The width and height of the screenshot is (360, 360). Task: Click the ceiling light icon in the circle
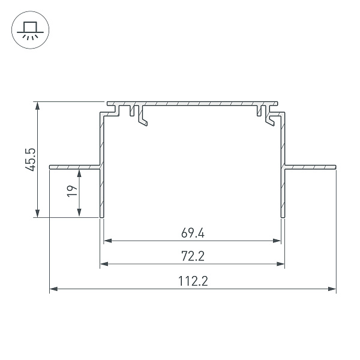click(x=28, y=30)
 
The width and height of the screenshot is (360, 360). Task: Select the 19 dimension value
click(x=71, y=191)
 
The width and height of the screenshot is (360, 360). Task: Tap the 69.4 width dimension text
click(x=193, y=232)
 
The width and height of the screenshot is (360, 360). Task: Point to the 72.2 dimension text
click(x=193, y=256)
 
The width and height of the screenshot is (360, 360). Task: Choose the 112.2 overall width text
click(x=193, y=281)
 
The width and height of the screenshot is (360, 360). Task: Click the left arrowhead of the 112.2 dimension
click(x=53, y=289)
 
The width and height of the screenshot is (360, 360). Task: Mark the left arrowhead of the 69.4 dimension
click(x=107, y=241)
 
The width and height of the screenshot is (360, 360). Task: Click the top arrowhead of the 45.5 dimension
click(x=38, y=105)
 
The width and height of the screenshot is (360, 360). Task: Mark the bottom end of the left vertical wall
click(x=102, y=215)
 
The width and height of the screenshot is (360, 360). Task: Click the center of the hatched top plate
click(x=193, y=104)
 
